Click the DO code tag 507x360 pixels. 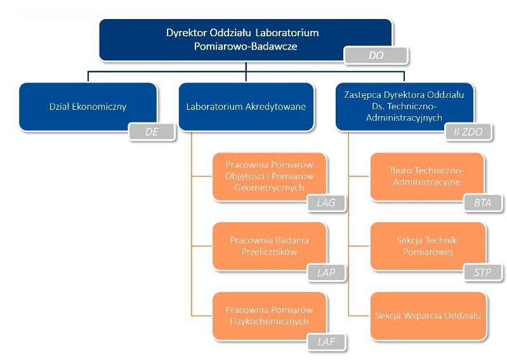[376, 56]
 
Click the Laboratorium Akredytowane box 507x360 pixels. [246, 107]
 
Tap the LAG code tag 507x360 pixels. [330, 203]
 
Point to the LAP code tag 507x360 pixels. [330, 272]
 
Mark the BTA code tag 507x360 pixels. [487, 203]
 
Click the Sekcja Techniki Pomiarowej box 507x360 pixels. [427, 246]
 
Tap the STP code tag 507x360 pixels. [487, 272]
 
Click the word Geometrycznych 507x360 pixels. [270, 187]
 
